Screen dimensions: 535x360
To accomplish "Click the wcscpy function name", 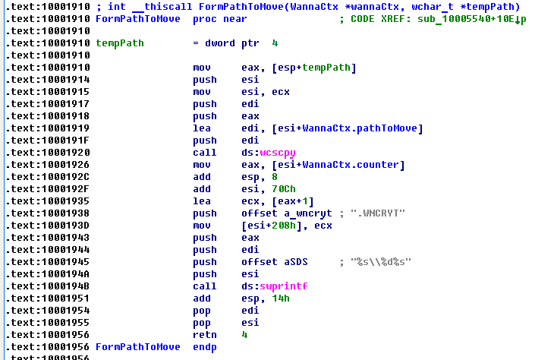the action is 278,153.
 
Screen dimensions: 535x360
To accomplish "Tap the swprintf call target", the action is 284,286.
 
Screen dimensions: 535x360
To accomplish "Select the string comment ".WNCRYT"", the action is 378,213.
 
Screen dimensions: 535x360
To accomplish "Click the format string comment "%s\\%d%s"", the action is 381,262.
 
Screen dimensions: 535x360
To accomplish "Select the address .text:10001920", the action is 48,153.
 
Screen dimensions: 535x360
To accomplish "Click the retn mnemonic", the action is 205,335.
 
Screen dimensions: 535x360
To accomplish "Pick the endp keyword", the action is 205,347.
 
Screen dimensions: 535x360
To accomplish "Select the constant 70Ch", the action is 284,189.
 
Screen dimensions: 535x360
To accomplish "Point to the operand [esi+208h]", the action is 269,226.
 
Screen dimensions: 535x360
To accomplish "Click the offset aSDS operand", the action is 275,262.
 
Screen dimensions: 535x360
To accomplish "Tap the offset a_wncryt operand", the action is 287,213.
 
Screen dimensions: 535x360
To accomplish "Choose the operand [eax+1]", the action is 293,201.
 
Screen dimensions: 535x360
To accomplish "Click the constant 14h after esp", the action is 281,298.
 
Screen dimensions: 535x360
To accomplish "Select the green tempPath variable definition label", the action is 120,43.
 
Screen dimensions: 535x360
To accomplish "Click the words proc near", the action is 220,19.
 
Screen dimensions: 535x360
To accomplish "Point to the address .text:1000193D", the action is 48,226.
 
